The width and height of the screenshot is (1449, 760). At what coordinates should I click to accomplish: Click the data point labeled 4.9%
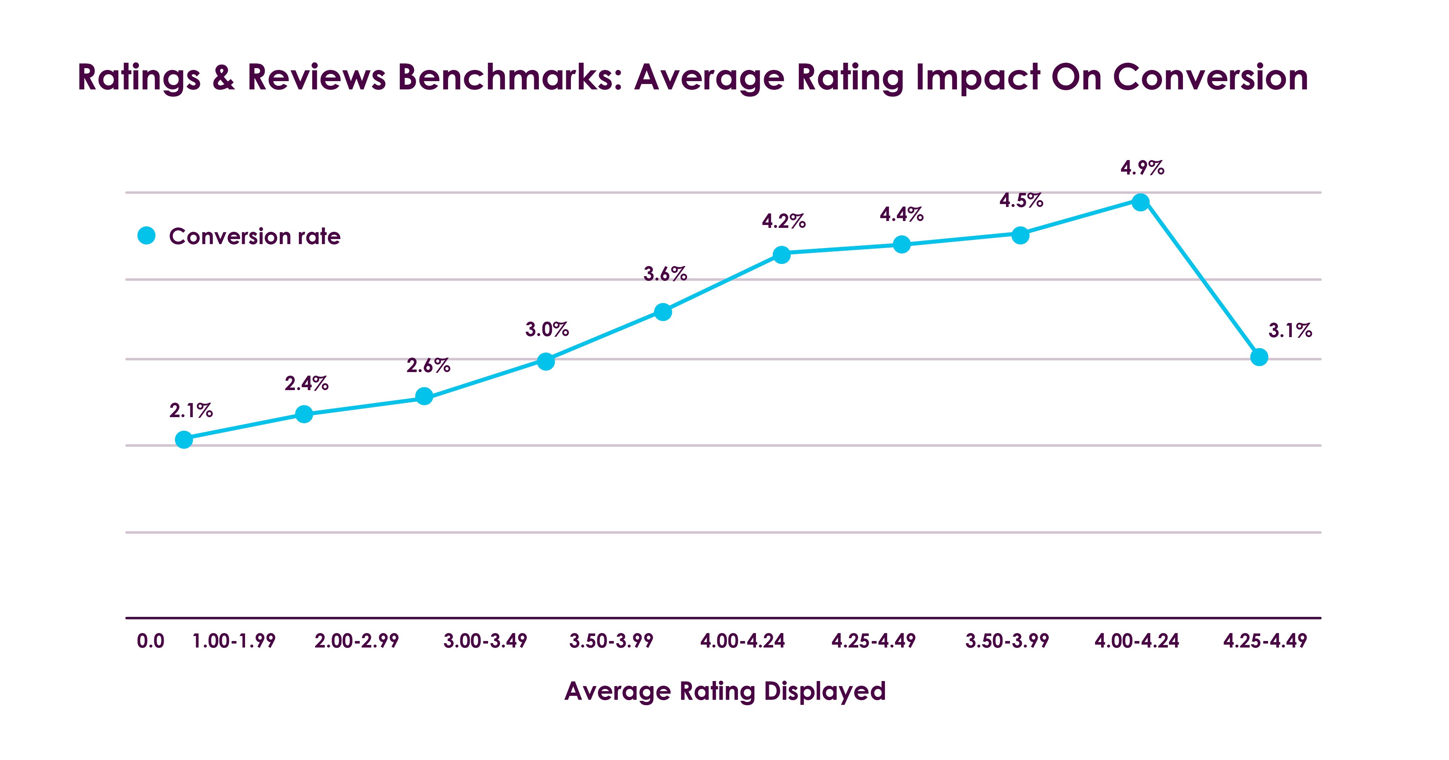[x=1140, y=202]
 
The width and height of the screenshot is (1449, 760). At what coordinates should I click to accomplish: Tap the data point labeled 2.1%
[x=184, y=439]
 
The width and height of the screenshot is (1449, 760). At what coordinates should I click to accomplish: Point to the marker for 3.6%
[x=663, y=311]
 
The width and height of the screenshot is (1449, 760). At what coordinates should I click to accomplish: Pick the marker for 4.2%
[x=781, y=254]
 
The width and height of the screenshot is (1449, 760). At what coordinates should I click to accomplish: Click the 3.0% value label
[x=547, y=330]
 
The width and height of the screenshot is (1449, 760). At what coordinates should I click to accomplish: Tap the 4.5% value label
[x=1021, y=200]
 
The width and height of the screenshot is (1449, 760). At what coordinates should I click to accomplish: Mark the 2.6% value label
[x=428, y=366]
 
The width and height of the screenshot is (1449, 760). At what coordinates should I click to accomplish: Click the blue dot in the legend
[x=146, y=236]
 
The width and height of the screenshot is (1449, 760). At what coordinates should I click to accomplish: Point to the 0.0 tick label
[x=150, y=641]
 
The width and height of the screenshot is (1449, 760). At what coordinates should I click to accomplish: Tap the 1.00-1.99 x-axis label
[x=234, y=641]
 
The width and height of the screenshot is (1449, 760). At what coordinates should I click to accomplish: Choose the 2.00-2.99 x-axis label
[x=356, y=641]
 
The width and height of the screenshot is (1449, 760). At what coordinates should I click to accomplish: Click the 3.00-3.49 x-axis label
[x=485, y=641]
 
